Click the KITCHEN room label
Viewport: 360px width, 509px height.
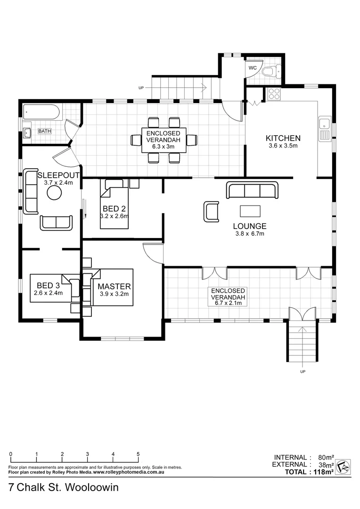pos(283,138)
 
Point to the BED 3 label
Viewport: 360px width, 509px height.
pos(48,285)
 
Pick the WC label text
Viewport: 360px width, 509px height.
pos(252,68)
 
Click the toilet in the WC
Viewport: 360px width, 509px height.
pos(270,72)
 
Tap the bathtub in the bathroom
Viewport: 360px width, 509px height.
pos(42,112)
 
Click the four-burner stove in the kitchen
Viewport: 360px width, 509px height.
pos(274,94)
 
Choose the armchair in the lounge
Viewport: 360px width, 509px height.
pos(211,211)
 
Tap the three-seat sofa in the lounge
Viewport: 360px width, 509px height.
pos(252,190)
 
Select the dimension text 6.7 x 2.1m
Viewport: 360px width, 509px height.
pos(228,303)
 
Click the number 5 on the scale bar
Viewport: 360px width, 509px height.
pos(138,454)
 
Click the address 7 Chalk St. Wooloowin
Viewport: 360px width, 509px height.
pos(63,487)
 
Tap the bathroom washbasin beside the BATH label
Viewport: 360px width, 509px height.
pos(27,132)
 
